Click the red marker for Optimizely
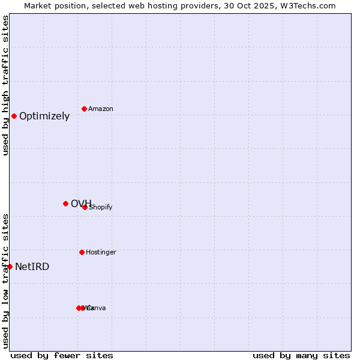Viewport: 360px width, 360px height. pyautogui.click(x=14, y=116)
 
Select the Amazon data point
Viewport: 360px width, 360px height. pyautogui.click(x=84, y=109)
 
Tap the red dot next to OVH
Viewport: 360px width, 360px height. pyautogui.click(x=65, y=203)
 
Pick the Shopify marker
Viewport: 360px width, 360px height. pyautogui.click(x=85, y=207)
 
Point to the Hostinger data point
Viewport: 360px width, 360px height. pyautogui.click(x=82, y=252)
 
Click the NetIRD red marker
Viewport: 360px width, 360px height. pyautogui.click(x=10, y=266)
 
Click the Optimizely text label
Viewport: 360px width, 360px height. pyautogui.click(x=44, y=116)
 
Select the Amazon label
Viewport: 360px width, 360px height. pyautogui.click(x=101, y=109)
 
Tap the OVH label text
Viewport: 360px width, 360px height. pyautogui.click(x=80, y=203)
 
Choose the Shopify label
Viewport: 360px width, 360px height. pyautogui.click(x=101, y=208)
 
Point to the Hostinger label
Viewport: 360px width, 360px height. pyautogui.click(x=101, y=253)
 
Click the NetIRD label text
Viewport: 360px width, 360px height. pyautogui.click(x=32, y=267)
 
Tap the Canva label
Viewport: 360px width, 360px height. pyautogui.click(x=97, y=308)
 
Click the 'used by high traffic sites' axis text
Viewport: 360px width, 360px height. pyautogui.click(x=6, y=85)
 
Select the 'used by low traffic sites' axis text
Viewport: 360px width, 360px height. pyautogui.click(x=6, y=280)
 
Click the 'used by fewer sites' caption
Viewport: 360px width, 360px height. pyautogui.click(x=62, y=355)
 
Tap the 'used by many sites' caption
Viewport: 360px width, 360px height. pyautogui.click(x=301, y=355)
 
